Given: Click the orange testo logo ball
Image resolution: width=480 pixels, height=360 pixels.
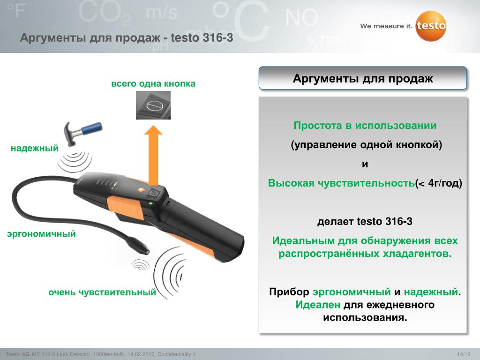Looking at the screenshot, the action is pos(431,26).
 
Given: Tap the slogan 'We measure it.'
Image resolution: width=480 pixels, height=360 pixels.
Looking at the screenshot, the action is pos(386,26).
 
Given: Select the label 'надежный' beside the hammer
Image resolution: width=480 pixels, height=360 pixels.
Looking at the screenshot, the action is pos(35,148).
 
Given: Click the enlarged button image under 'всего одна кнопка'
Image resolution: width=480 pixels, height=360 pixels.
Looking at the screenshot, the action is pos(153,105).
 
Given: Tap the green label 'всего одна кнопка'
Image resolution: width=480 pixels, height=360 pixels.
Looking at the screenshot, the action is pos(153,83).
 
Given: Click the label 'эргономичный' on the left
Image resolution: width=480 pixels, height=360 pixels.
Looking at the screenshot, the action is pos(41,234).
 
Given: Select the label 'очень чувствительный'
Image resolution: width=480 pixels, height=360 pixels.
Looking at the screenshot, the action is pos(102,292).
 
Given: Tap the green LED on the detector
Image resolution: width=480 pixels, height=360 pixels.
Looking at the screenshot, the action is pos(150,203).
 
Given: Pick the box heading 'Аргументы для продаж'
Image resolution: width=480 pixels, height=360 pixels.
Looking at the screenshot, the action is pos(363,78).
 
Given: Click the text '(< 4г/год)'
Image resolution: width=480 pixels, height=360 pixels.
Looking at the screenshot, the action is pos(438,183).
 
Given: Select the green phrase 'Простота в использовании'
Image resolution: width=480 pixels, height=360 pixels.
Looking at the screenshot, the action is pos(365,126).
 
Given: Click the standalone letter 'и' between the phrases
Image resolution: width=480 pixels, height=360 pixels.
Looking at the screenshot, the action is pos(365,165).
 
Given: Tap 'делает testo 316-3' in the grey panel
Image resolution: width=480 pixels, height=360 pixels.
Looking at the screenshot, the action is pos(365,221).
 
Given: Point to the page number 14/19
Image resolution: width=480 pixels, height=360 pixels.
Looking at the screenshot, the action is pos(464,354).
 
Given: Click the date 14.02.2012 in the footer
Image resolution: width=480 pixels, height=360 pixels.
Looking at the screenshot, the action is pos(141,354).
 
